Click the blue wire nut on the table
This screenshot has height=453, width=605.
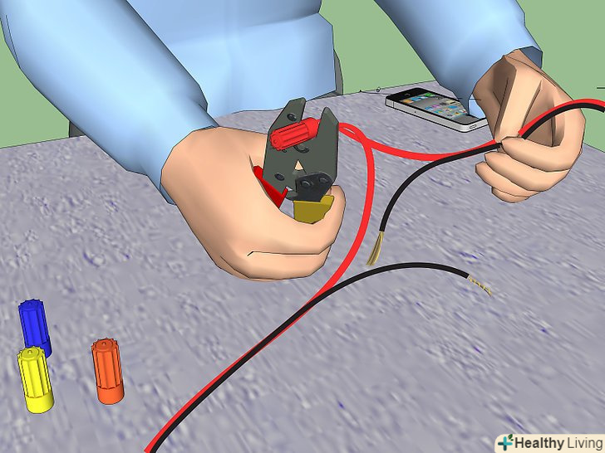pos(35,327)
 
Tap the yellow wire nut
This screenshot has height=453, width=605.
pos(35,380)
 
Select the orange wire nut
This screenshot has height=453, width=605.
pos(108,371)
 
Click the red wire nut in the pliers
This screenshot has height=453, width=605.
pos(294,131)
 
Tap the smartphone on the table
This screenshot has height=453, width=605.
pos(436,110)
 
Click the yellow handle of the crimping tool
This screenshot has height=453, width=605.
pos(312,208)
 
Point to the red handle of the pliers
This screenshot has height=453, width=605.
pos(270,184)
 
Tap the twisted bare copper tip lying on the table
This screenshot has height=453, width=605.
pos(479,285)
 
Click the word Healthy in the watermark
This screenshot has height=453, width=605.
pos(539,443)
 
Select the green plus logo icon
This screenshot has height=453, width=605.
pos(505,443)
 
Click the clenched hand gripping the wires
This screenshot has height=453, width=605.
pos(529,131)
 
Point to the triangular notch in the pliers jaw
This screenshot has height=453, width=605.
pos(298,166)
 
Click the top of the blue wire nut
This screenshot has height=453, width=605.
pos(29,304)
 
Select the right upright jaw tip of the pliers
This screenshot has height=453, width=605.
pos(327,112)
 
